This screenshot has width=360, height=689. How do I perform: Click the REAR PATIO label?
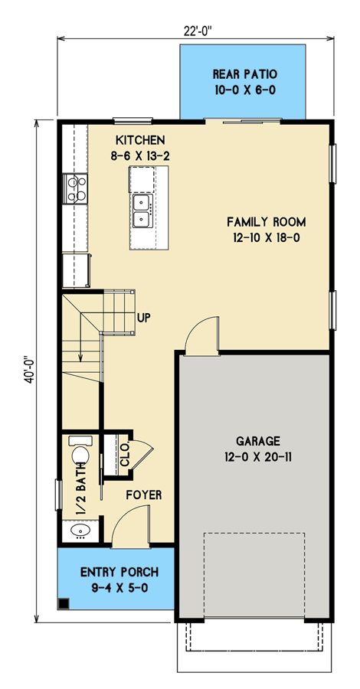point(244,74)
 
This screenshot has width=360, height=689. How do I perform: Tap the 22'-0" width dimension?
point(197,31)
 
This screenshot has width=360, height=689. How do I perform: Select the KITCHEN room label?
point(140,140)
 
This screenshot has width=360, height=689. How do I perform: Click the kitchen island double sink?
point(142,211)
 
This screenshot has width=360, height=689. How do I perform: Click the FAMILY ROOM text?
point(266,222)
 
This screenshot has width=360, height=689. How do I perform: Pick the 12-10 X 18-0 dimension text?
point(266,238)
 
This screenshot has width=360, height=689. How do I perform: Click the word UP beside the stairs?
point(143,316)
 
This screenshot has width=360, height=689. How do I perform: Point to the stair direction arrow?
point(80,348)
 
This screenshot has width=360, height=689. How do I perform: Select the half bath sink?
point(77,529)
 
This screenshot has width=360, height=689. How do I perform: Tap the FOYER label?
point(144,495)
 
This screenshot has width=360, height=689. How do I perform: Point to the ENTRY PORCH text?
point(120,572)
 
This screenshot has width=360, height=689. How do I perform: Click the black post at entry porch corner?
point(65,602)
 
